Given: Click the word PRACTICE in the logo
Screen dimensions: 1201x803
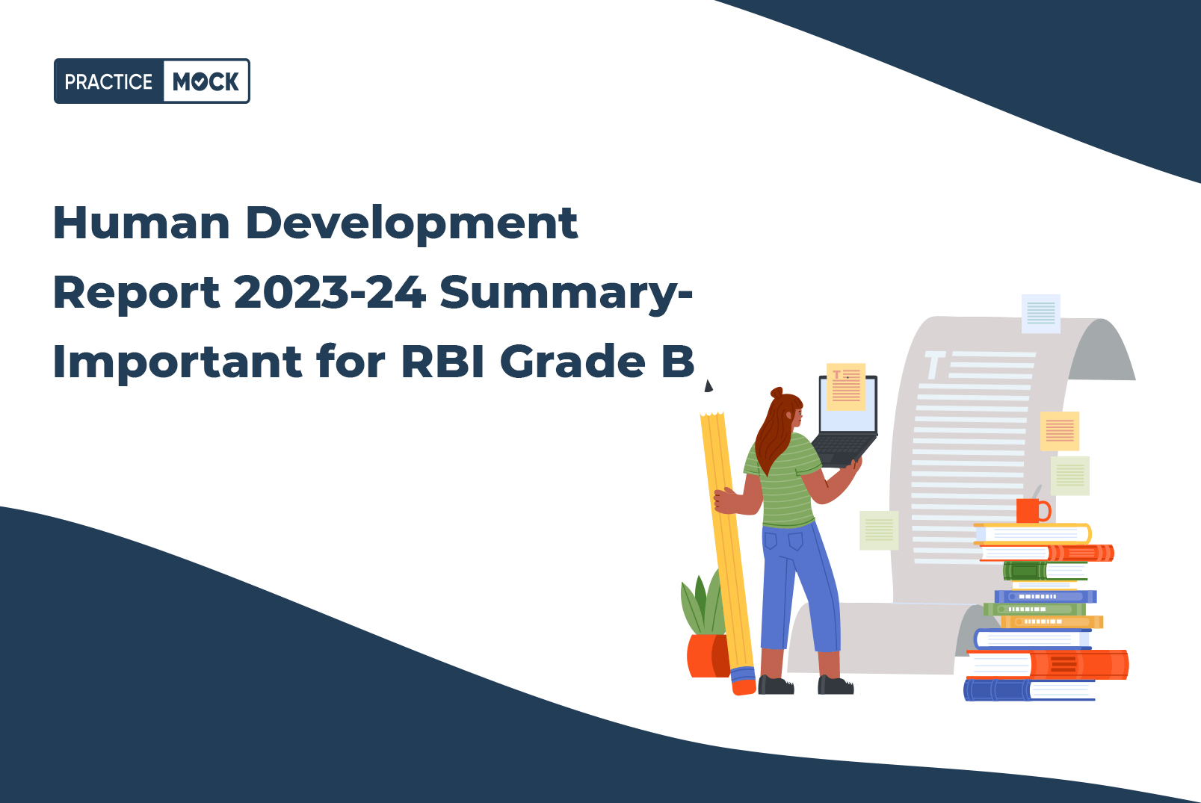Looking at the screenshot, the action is tap(109, 82).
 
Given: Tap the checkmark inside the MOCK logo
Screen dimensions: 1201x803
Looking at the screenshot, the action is tap(198, 82).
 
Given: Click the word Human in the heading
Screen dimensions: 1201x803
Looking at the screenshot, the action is tap(141, 223).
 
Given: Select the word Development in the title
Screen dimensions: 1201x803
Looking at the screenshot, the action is tap(412, 224).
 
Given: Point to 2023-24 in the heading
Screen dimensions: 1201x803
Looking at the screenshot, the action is tap(330, 292).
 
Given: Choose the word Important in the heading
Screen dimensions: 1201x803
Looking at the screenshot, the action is tap(178, 362).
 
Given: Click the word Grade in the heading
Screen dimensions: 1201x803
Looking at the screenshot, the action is tap(572, 361).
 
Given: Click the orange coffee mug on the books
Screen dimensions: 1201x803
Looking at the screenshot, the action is tap(1033, 510).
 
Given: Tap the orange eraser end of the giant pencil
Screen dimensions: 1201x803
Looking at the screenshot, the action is tap(744, 686).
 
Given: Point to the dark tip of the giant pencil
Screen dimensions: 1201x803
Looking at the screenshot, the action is tap(708, 386).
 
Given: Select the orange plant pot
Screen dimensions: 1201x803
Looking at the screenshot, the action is tap(708, 655).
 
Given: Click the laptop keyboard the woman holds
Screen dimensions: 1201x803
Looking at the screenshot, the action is tap(843, 448).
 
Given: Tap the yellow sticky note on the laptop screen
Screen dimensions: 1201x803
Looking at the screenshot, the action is tap(846, 386).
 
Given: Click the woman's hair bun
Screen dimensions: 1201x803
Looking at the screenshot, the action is tap(777, 393).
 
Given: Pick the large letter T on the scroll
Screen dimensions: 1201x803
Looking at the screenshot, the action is tap(934, 365).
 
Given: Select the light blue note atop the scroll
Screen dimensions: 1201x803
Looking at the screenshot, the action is tap(1040, 314).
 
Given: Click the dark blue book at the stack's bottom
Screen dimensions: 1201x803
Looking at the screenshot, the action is tap(1028, 690).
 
